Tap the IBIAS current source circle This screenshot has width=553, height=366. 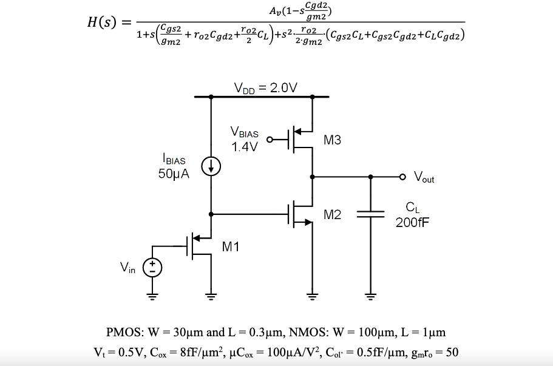(211, 167)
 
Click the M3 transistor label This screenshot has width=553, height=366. (332, 140)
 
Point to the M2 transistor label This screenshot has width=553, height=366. (332, 214)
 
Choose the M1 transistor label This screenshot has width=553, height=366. (231, 246)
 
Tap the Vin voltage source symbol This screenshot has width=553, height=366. (152, 267)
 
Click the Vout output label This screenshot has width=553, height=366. (424, 177)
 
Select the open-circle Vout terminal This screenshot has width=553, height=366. (402, 177)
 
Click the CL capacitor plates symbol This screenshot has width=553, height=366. (370, 214)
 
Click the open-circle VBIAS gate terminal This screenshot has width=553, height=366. (270, 139)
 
